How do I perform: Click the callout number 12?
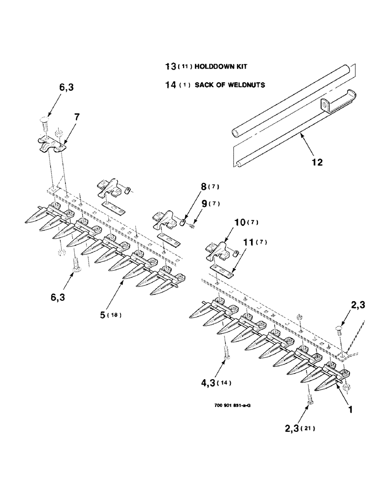(x=317, y=162)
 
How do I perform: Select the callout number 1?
(x=351, y=409)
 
